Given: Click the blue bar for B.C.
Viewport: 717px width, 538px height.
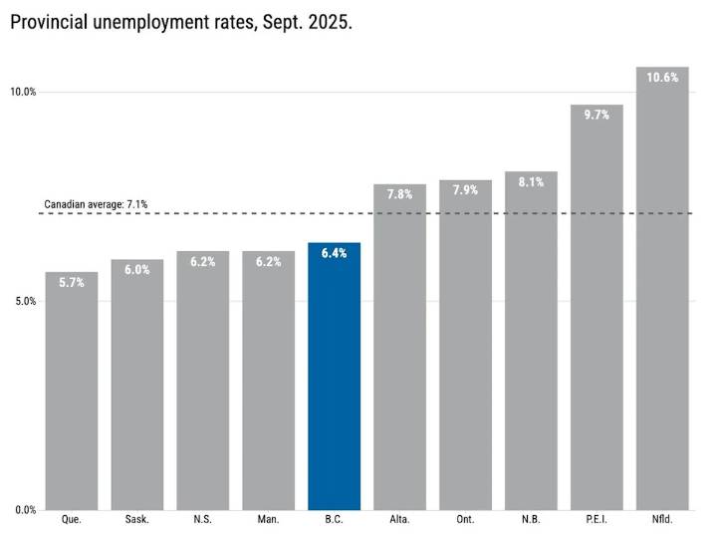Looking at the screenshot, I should tap(334, 379).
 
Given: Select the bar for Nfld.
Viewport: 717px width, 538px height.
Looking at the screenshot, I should tap(662, 299).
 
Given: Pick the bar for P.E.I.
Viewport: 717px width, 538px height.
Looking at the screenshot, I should tap(597, 319).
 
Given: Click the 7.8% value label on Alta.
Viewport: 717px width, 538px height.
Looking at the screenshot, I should tap(399, 194).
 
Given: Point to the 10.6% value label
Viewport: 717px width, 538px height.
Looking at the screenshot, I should tap(662, 78).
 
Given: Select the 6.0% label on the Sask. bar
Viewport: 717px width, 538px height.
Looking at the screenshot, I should tap(136, 269).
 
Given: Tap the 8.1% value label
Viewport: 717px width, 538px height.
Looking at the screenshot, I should tap(531, 182).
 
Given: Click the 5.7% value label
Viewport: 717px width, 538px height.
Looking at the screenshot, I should tap(71, 282).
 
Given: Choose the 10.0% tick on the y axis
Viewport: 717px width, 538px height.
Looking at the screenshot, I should tap(23, 92).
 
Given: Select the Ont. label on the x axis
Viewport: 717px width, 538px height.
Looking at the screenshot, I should tap(465, 519).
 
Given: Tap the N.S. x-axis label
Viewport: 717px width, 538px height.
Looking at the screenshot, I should tap(202, 519).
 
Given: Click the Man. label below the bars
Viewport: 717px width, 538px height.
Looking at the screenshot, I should tap(268, 519).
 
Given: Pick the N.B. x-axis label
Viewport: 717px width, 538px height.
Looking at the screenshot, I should tap(531, 519).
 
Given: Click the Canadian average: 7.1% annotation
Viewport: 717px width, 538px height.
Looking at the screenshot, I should tap(96, 204).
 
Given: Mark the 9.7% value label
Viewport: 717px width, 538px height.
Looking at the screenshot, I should tap(597, 115).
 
